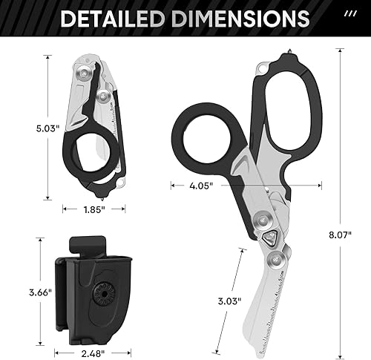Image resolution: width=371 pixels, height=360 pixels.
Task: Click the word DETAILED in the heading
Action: pos(113,19)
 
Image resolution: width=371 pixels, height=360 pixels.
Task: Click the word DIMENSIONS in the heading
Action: pos(238,19)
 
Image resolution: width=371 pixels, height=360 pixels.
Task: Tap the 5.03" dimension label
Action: pos(48,128)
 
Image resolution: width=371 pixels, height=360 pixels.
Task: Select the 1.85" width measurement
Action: pos(94,209)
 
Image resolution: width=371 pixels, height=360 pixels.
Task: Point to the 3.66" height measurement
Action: pos(41,292)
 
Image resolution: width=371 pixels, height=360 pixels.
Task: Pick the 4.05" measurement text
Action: pos(201,186)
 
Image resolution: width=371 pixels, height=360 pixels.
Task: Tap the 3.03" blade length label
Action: pos(229,301)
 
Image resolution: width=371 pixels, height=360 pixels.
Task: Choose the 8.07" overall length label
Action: pos(340,235)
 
